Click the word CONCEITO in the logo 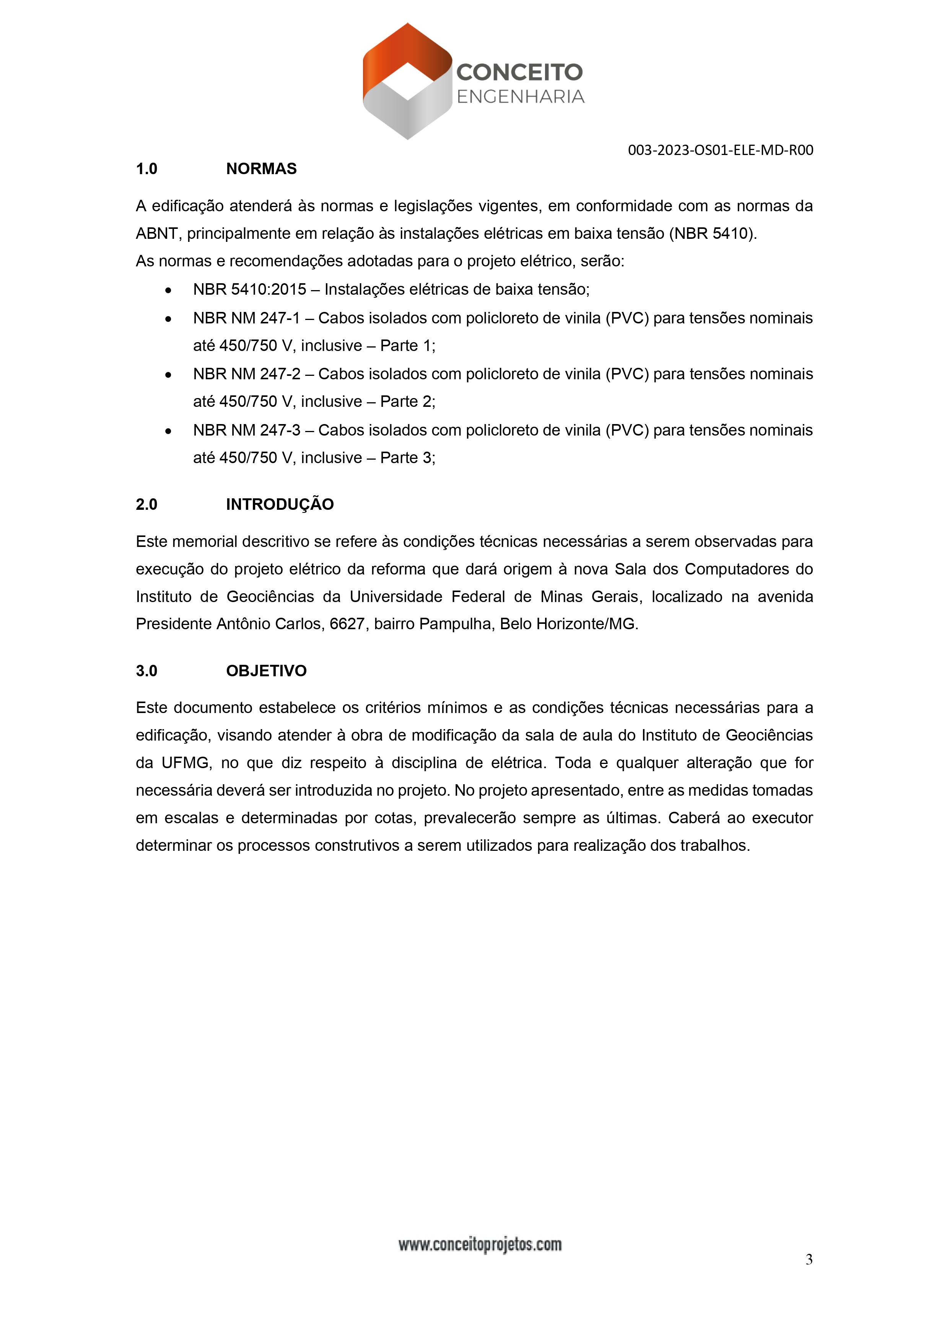coord(519,73)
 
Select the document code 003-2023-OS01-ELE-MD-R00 coord(720,150)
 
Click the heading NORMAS coord(261,169)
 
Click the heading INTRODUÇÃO coord(280,504)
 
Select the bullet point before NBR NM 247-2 coord(168,375)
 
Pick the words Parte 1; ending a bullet coord(407,346)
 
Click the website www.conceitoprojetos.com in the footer coord(479,1245)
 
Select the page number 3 coord(809,1259)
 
